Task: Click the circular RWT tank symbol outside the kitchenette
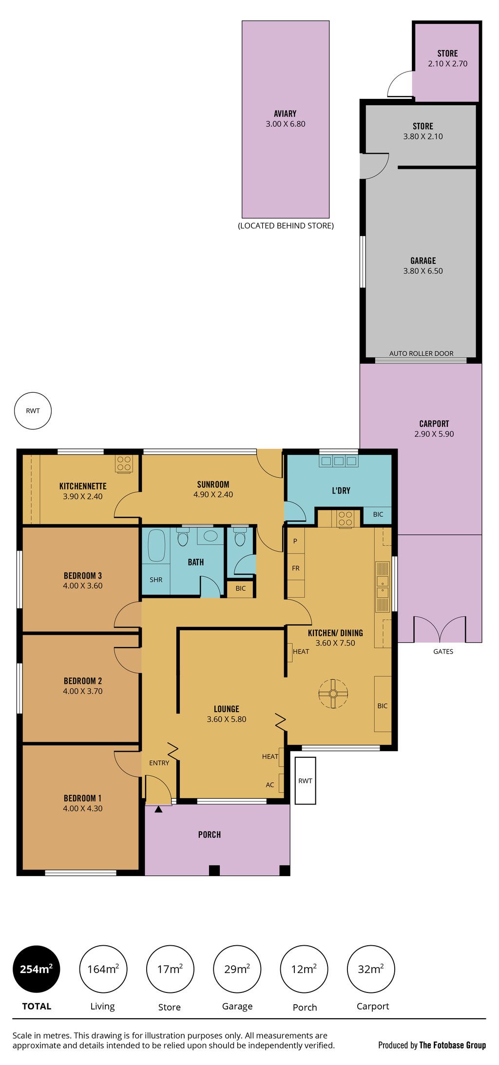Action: pos(33,411)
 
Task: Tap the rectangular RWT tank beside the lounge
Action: pos(306,780)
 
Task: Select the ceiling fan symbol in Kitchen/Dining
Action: pos(333,693)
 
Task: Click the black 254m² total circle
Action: pos(37,969)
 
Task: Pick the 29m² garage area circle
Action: pos(237,969)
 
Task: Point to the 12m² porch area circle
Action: pos(304,969)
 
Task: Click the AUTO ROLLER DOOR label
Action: pos(422,353)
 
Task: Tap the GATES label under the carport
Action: pos(443,651)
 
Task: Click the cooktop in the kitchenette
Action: pos(124,463)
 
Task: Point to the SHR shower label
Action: pos(156,580)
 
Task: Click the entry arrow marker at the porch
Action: pos(158,809)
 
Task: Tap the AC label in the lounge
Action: pos(270,785)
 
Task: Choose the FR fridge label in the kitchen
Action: pos(296,568)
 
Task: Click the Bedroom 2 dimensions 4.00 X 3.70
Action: pos(83,691)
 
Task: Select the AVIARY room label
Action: pos(285,113)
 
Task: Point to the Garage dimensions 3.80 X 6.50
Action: pos(423,271)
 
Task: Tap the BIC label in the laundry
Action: pos(378,514)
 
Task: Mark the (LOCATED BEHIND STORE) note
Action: pos(286,226)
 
